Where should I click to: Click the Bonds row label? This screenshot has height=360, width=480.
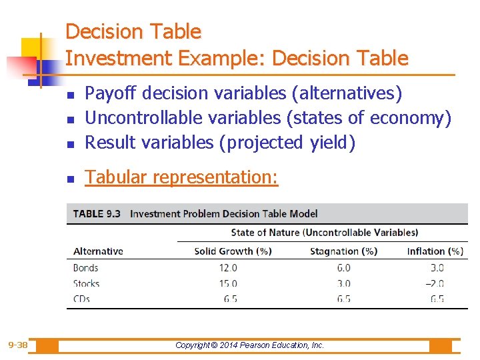pos(85,268)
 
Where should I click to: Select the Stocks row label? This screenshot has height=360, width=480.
pos(86,283)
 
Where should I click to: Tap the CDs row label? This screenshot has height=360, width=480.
pos(81,299)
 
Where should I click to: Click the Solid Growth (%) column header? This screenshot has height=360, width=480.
pos(224,251)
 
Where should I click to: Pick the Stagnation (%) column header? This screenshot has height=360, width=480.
pos(343,251)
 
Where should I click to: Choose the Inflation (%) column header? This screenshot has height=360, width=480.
pos(435,251)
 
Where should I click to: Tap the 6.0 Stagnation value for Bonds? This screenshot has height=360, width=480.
pos(343,268)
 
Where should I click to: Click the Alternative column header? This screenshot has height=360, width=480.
pos(98,251)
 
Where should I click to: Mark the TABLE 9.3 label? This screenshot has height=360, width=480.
pos(97,214)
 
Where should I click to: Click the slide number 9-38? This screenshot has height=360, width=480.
pos(18,345)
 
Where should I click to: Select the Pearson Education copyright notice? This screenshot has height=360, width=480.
pos(249,345)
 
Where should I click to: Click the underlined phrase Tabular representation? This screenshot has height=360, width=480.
pos(181,177)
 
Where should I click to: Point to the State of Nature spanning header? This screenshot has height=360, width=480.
pos(324,233)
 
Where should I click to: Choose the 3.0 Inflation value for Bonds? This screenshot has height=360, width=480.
pos(437,268)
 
